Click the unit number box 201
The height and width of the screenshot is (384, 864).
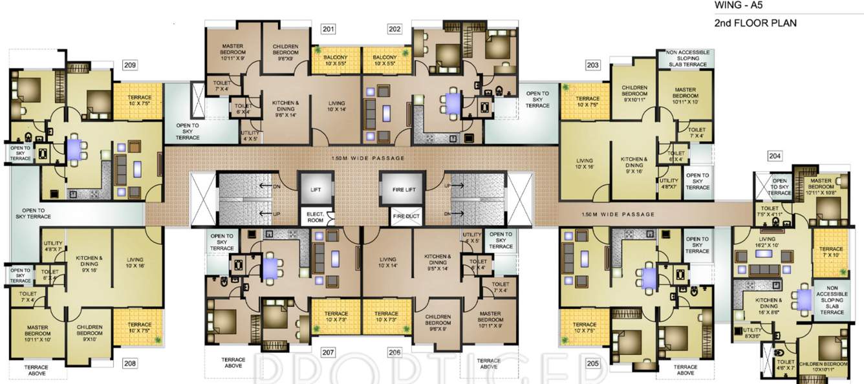pos(329,29)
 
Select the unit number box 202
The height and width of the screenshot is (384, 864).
pos(394,29)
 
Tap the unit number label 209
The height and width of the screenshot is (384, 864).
pos(130,65)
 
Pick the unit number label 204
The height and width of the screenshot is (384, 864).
pos(775,156)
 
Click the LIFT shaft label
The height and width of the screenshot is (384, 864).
pos(315,189)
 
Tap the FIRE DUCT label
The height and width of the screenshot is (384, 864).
pos(404,216)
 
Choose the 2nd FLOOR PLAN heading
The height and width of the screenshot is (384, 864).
pos(755,23)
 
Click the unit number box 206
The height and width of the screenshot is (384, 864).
pos(394,352)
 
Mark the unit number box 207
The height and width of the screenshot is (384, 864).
pos(328,352)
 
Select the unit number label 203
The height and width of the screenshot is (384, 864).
pos(592,65)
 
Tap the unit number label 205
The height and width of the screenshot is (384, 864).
pos(592,364)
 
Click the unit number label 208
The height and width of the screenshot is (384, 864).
pos(130,364)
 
